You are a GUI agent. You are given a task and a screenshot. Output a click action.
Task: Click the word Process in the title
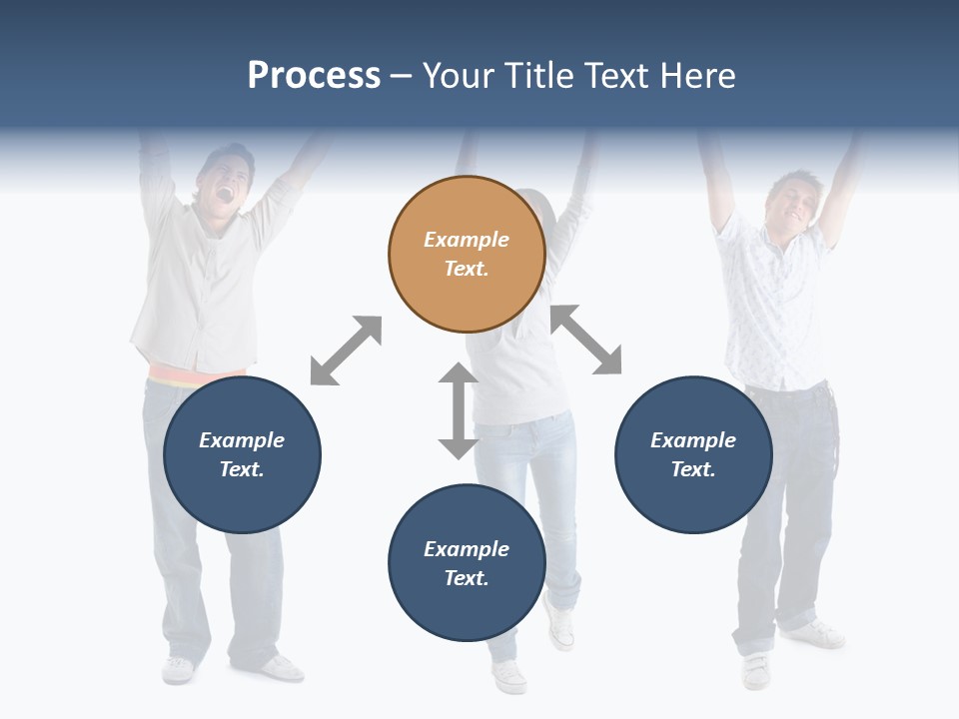tap(314, 76)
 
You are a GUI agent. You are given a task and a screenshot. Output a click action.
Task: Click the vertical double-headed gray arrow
tap(459, 410)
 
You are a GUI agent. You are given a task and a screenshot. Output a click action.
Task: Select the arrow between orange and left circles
tap(346, 351)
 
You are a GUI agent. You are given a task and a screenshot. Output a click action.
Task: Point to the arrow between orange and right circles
tap(586, 340)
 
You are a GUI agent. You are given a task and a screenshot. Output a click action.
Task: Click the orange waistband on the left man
tap(195, 377)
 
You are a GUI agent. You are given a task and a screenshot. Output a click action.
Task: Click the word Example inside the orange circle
tap(467, 240)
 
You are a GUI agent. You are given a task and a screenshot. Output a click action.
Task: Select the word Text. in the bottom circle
tap(467, 578)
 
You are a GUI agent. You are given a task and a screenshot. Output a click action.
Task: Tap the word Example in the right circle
tap(693, 440)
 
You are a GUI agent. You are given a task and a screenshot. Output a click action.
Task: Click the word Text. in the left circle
tap(242, 469)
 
